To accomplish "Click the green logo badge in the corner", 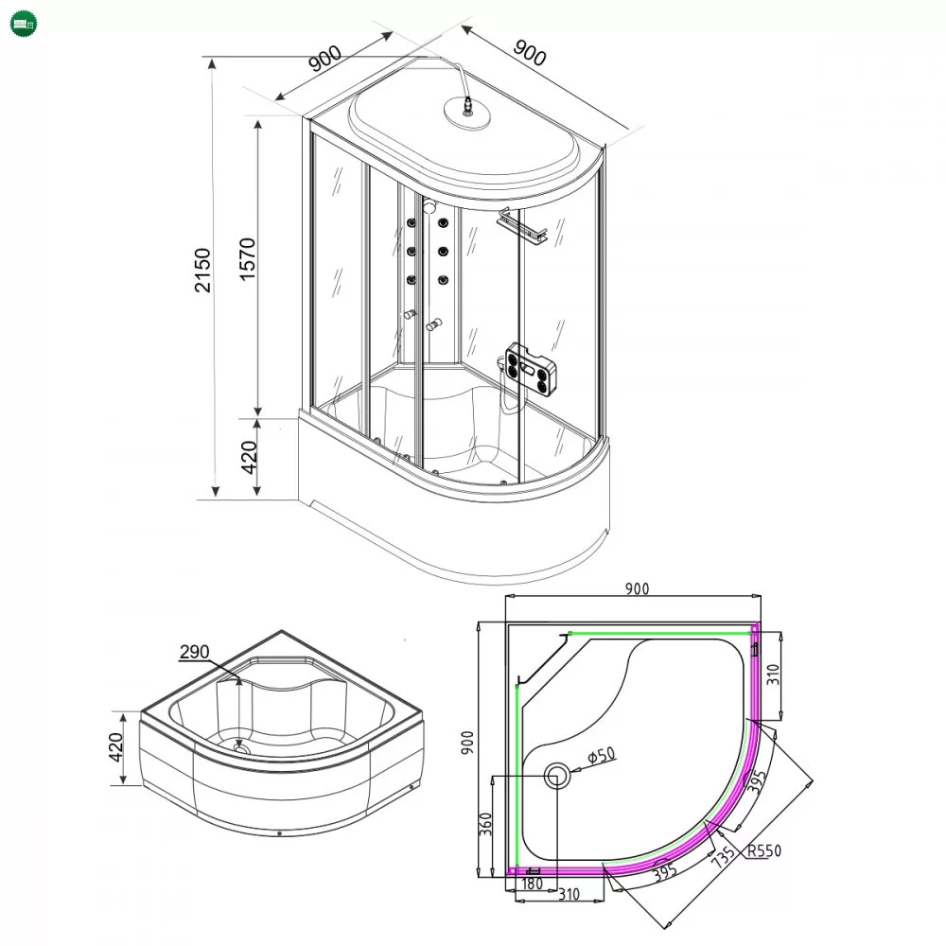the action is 24,25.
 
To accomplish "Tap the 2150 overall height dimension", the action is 202,270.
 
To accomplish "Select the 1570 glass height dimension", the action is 247,259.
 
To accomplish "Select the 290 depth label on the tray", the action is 194,652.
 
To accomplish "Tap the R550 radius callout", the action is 763,850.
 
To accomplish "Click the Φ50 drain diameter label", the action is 602,755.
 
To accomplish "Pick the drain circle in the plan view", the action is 557,776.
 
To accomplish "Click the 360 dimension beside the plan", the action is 485,824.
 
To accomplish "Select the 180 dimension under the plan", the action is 532,884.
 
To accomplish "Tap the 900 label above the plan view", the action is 637,588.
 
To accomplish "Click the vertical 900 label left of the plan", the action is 467,743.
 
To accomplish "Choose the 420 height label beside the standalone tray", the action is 115,747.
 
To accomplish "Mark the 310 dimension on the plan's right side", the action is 773,674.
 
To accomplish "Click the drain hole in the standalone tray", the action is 241,748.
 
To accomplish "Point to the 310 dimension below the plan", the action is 569,894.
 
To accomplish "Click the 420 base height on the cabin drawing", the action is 249,457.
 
